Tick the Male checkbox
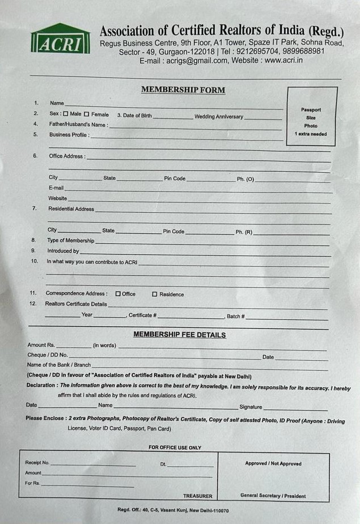(x=66, y=115)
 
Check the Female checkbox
(x=87, y=115)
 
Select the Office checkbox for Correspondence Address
(x=118, y=294)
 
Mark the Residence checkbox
(x=154, y=294)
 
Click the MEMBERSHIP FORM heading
(x=183, y=90)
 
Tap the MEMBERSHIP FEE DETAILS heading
(x=179, y=335)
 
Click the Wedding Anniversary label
(x=219, y=117)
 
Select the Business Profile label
(x=69, y=135)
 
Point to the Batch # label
(x=235, y=316)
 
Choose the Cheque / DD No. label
(x=48, y=355)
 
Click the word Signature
(x=251, y=407)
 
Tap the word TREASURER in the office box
(x=197, y=496)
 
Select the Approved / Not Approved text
(x=273, y=463)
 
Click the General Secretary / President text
(x=273, y=496)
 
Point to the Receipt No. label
(x=37, y=463)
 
